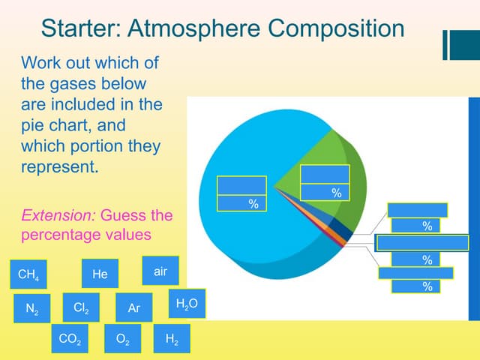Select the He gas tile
pos(100,274)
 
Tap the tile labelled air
pos(160,271)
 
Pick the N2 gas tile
pos(32,308)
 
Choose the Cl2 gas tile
pos(81,307)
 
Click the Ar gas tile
pos(134,308)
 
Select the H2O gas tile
pos(186,304)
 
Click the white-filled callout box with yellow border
pos(422,243)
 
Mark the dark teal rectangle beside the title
pos(463,44)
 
